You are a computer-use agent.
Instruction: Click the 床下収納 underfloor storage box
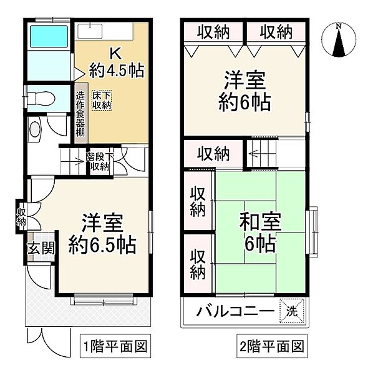pyautogui.click(x=102, y=101)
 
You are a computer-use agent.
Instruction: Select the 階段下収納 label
pyautogui.click(x=99, y=162)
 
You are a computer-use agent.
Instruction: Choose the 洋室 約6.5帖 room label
pyautogui.click(x=103, y=232)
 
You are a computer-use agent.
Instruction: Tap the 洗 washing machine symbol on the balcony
pyautogui.click(x=292, y=311)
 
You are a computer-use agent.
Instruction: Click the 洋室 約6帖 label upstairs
pyautogui.click(x=245, y=91)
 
